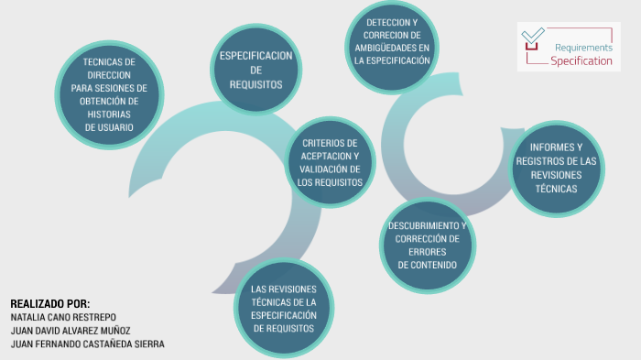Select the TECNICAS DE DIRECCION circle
pyautogui.click(x=109, y=94)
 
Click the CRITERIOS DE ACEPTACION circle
pyautogui.click(x=331, y=162)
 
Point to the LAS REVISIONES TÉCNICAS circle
pyautogui.click(x=283, y=308)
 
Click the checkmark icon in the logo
pyautogui.click(x=531, y=38)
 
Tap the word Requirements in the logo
pyautogui.click(x=583, y=47)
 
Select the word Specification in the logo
pyautogui.click(x=581, y=60)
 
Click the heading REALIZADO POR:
pyautogui.click(x=50, y=303)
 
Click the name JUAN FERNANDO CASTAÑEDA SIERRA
pyautogui.click(x=87, y=344)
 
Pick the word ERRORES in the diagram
pyautogui.click(x=427, y=252)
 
